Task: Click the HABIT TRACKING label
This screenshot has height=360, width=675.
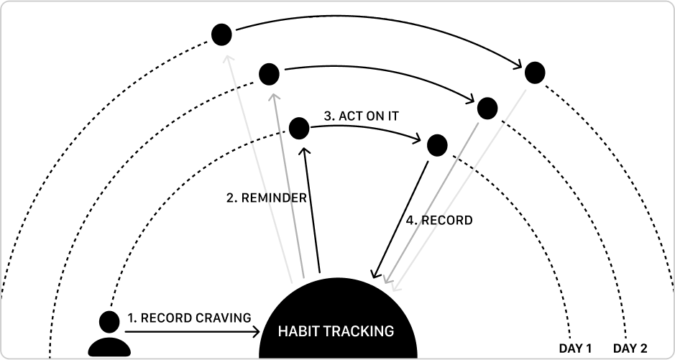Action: pyautogui.click(x=336, y=331)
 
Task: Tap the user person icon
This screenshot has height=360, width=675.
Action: pyautogui.click(x=109, y=334)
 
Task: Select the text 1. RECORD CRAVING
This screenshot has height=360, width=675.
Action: pyautogui.click(x=189, y=317)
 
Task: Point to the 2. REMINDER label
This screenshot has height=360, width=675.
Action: pyautogui.click(x=267, y=198)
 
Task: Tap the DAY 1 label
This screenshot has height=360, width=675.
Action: pyautogui.click(x=574, y=349)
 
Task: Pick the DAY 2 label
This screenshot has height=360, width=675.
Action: pyautogui.click(x=630, y=349)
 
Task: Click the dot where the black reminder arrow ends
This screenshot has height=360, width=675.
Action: pyautogui.click(x=298, y=129)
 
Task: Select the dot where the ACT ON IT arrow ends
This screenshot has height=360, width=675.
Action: pyautogui.click(x=437, y=145)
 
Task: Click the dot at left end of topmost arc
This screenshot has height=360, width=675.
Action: pyautogui.click(x=221, y=33)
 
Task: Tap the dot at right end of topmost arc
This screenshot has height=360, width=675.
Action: pyautogui.click(x=534, y=72)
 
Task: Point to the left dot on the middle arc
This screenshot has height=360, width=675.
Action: pyautogui.click(x=269, y=73)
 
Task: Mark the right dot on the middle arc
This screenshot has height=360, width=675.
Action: pyautogui.click(x=487, y=108)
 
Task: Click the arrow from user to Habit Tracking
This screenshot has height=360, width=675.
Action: pyautogui.click(x=193, y=331)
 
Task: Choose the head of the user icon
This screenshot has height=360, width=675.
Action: pyautogui.click(x=109, y=321)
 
